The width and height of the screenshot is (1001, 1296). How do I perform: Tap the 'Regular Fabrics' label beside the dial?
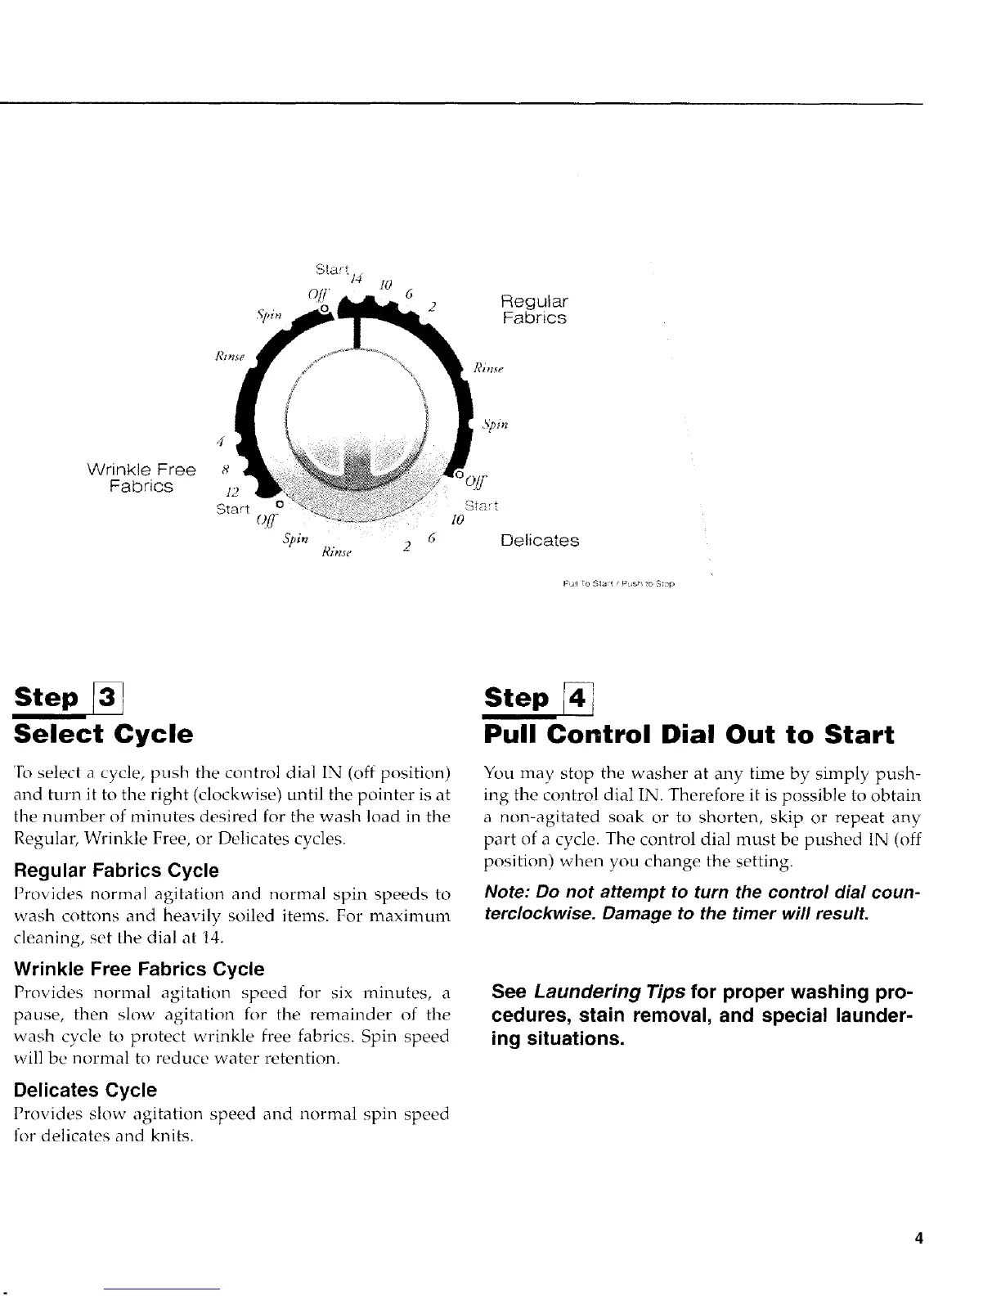click(x=534, y=309)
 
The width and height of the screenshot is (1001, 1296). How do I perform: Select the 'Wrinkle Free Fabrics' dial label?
click(x=141, y=478)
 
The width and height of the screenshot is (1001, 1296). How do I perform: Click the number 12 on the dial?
click(x=232, y=492)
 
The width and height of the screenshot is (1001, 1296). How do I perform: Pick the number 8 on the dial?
click(x=225, y=470)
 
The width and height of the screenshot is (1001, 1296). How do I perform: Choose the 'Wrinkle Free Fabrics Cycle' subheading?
click(x=140, y=969)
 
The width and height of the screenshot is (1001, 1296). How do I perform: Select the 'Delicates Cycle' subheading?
click(x=86, y=1090)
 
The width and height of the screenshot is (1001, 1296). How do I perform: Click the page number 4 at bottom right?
click(x=918, y=1238)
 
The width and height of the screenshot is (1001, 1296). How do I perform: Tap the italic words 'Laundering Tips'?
click(x=609, y=992)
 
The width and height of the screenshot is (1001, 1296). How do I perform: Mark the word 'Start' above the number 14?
click(x=331, y=268)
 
